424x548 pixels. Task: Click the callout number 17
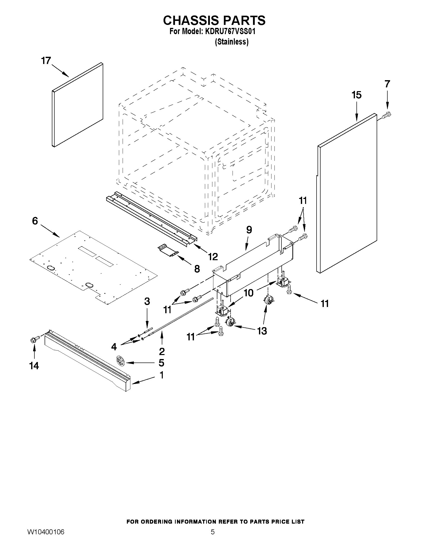[46, 61]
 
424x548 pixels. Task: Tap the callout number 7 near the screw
[387, 84]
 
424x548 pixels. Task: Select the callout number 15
[356, 95]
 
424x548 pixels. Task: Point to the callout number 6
[35, 221]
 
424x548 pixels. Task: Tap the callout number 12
[213, 256]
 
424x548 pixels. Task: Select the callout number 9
[249, 230]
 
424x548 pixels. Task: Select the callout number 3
[147, 301]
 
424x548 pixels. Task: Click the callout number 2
[162, 351]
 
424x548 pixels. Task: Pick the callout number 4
[114, 347]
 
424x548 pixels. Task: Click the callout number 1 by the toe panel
[162, 375]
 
